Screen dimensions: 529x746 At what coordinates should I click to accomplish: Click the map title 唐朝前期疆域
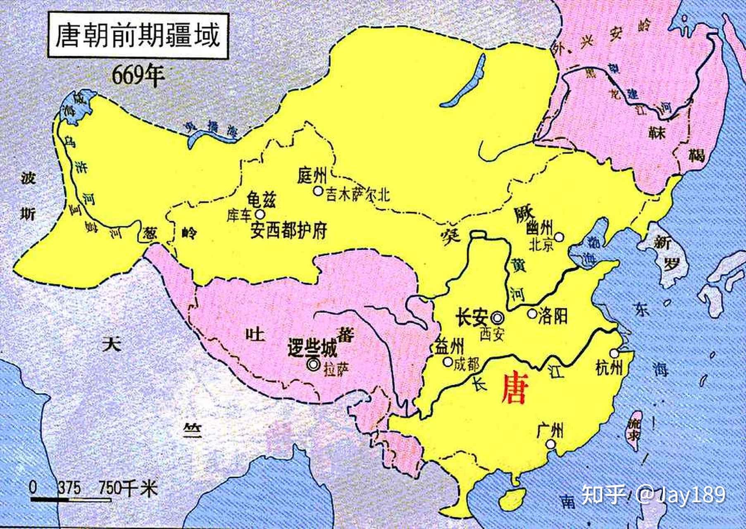point(138,36)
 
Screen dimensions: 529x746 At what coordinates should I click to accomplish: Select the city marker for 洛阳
point(532,314)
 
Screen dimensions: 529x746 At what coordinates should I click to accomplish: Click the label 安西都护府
point(288,230)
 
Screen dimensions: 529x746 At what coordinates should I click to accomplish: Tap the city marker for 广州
point(550,444)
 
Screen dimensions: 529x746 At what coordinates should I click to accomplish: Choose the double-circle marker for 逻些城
point(313,365)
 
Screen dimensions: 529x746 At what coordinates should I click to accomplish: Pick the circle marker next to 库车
point(260,214)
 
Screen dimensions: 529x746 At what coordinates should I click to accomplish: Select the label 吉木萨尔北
point(358,195)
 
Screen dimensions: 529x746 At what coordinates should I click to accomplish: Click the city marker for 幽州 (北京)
point(559,237)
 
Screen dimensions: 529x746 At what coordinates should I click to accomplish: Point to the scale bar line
point(70,500)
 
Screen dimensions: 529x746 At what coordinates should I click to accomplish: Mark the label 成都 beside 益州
point(466,364)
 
